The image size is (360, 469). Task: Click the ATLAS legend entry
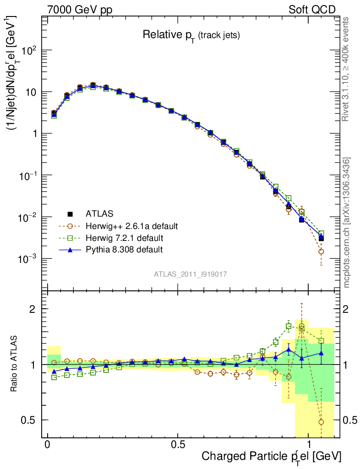98,213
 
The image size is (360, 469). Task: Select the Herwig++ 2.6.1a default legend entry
131,226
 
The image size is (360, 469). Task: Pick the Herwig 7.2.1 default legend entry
125,238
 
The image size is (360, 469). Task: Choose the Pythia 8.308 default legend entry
124,250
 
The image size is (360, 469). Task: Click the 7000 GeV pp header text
80,10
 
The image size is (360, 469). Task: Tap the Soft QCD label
312,10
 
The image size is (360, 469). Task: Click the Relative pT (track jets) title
191,35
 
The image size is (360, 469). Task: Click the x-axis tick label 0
48,445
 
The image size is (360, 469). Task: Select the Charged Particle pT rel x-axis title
271,457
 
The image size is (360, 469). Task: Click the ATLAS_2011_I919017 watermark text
191,274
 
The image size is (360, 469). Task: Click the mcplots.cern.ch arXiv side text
347,223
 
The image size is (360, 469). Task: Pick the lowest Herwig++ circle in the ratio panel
321,422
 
